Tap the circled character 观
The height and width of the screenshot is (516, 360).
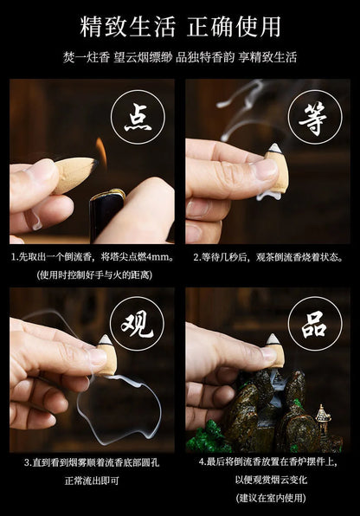point(138,326)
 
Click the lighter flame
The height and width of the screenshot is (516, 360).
point(101,152)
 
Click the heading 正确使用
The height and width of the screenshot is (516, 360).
point(234,27)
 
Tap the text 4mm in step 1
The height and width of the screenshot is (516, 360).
point(157,257)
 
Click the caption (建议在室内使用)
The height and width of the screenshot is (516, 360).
point(271,498)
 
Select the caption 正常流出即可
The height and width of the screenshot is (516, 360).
point(92,481)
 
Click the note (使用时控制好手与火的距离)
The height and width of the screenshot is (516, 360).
point(95,274)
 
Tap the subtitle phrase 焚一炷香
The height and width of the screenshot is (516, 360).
point(86,57)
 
